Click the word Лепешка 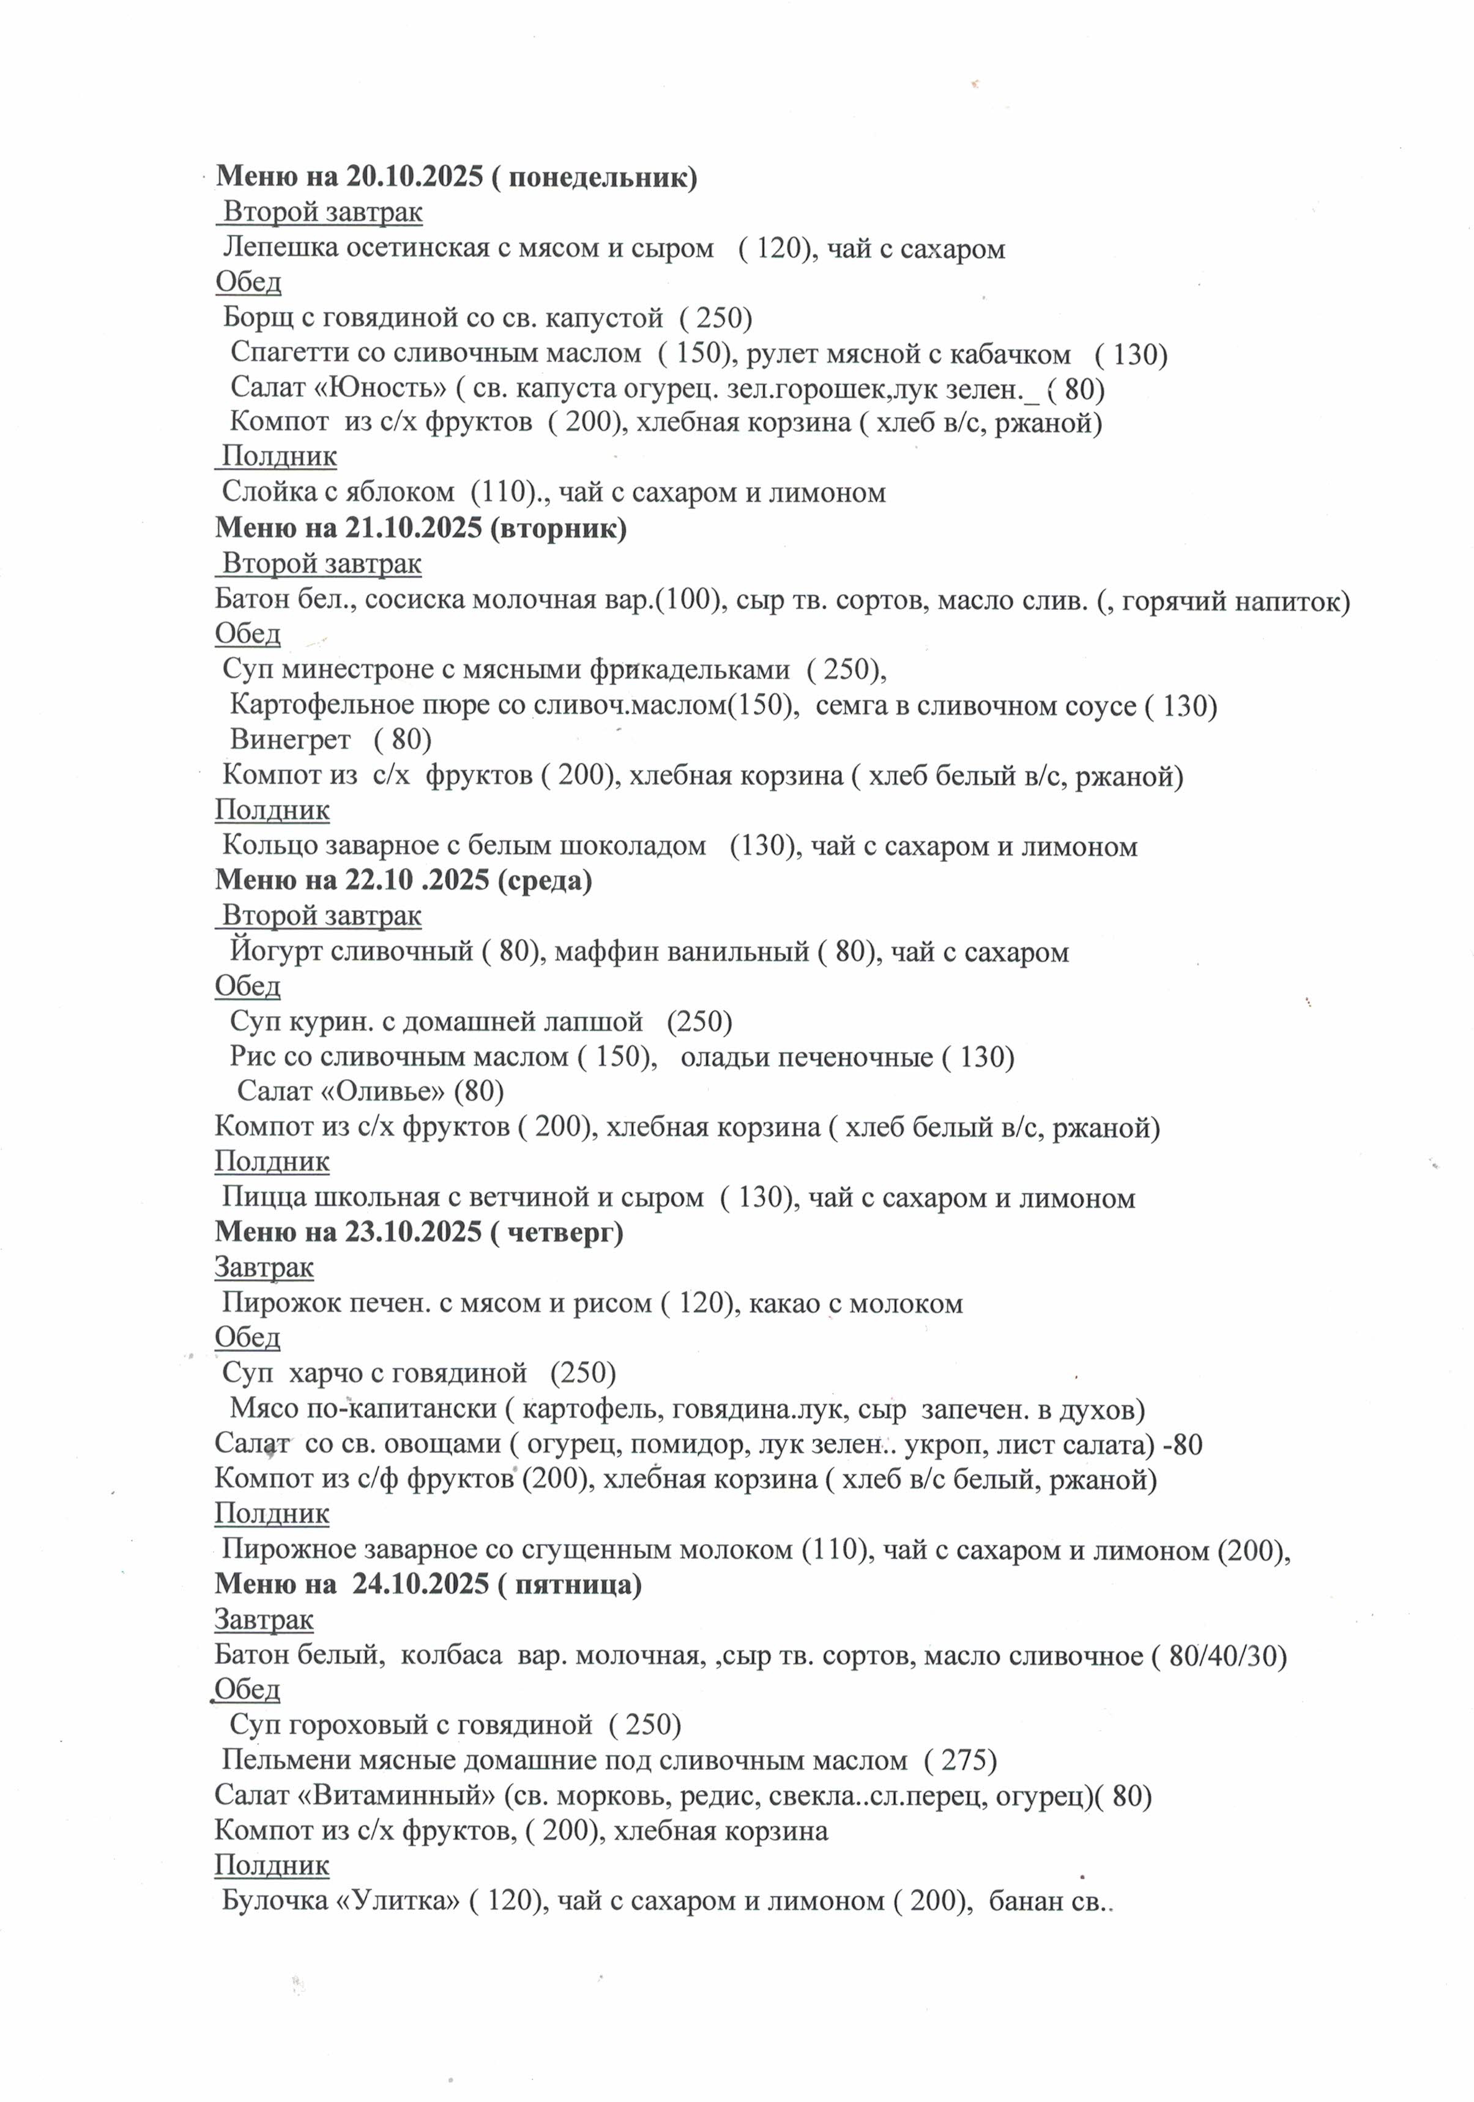coord(280,248)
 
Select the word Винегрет coord(289,739)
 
